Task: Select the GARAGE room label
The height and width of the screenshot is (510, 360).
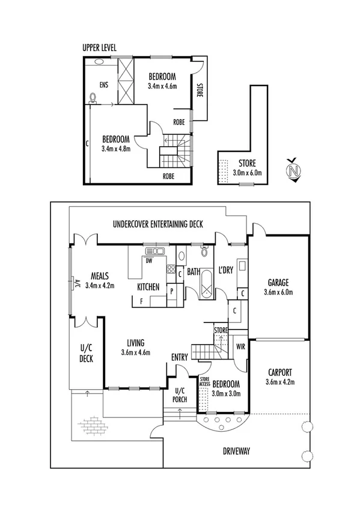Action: pos(278,281)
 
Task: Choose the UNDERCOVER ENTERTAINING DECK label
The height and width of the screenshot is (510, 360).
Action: pos(158,224)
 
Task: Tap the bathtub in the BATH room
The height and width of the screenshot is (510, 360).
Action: pos(206,284)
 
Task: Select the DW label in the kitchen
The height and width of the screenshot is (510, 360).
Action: pos(148,261)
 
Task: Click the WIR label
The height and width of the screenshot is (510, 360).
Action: pos(240,346)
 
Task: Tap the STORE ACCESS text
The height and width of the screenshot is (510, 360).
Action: pos(204,381)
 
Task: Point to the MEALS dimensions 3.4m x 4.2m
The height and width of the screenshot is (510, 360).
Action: pos(100,286)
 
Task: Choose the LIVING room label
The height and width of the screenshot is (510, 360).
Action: pos(134,343)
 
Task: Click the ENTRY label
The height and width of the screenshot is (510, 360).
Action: pos(180,358)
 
